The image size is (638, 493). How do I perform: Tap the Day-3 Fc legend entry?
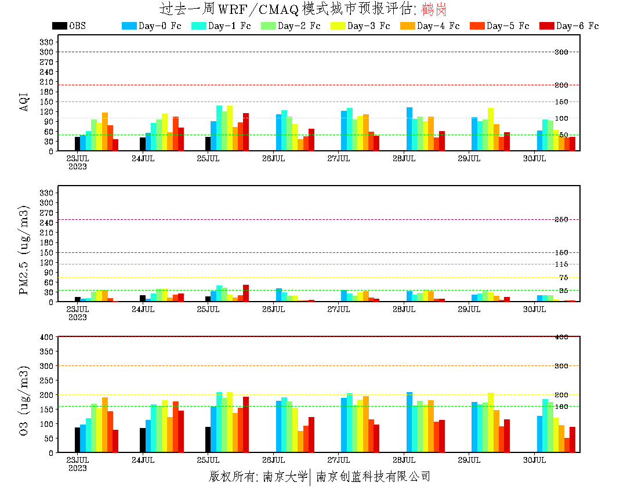coord(360,26)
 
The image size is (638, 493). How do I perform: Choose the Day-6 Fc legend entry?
coord(569,26)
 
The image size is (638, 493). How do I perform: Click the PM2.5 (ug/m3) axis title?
coord(24,249)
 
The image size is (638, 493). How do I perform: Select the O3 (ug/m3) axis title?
coord(24,400)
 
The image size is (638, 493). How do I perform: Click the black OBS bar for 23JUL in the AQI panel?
coord(77,144)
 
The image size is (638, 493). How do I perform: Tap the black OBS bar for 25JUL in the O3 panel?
coord(208,440)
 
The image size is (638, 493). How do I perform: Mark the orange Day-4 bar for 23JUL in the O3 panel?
coord(105,425)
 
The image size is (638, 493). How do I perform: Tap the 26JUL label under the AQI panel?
coord(273,158)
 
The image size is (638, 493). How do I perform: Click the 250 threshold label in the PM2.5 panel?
coord(561,219)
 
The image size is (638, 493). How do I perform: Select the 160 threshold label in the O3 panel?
coord(561,406)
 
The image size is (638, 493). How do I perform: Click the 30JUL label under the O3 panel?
coord(534,460)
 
